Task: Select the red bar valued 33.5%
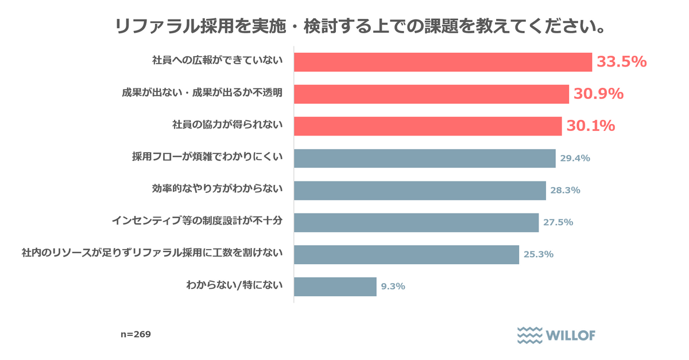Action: pyautogui.click(x=443, y=62)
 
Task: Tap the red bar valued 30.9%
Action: pyautogui.click(x=431, y=94)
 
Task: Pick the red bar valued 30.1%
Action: pyautogui.click(x=428, y=126)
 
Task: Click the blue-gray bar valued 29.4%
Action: pyautogui.click(x=425, y=158)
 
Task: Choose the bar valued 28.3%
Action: pyautogui.click(x=420, y=191)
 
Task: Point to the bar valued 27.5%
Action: pyautogui.click(x=416, y=222)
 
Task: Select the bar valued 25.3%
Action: pyautogui.click(x=407, y=254)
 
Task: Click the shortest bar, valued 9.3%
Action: pyautogui.click(x=335, y=287)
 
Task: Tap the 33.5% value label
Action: pyautogui.click(x=622, y=62)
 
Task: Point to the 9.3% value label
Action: pyautogui.click(x=393, y=287)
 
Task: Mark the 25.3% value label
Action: pyautogui.click(x=539, y=254)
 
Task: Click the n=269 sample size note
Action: pyautogui.click(x=136, y=334)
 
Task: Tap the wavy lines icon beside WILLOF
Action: pyautogui.click(x=529, y=335)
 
